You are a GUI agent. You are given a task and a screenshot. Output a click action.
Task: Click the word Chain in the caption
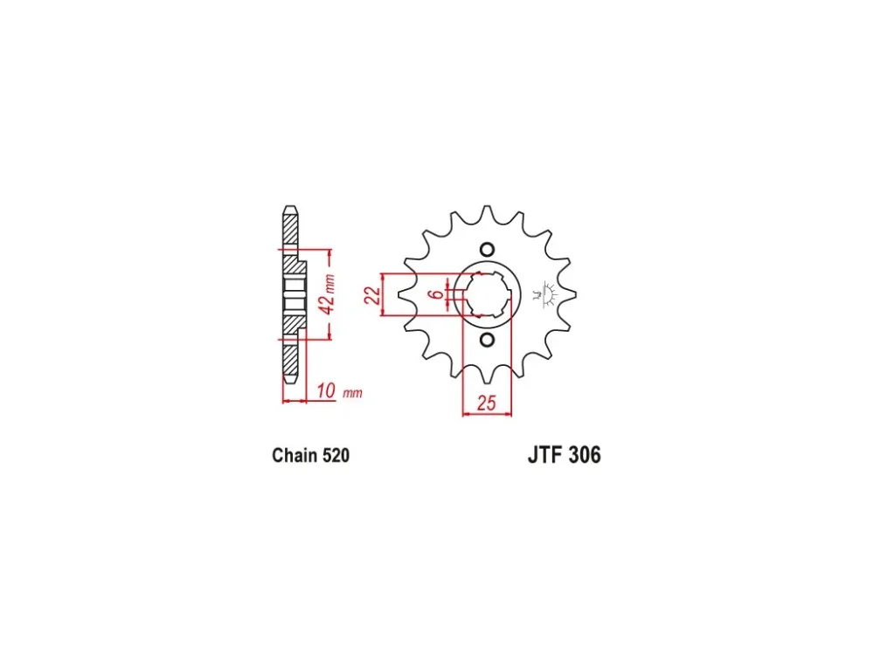294,456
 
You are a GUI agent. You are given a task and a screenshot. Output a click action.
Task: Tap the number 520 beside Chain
335,456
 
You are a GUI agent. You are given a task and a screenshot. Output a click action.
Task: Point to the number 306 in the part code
584,455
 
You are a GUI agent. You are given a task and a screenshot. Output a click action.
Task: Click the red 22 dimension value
372,294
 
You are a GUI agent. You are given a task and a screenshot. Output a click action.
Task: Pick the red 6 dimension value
438,293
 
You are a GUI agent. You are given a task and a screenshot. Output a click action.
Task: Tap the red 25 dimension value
486,403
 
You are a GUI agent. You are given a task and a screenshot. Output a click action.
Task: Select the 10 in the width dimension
326,390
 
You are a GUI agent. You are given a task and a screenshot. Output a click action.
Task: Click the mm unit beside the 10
352,393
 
